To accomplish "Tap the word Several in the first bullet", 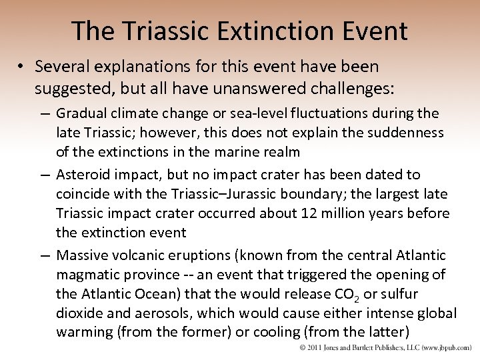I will pyautogui.click(x=62, y=67).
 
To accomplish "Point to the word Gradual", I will pyautogui.click(x=83, y=113).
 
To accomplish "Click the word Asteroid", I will pyautogui.click(x=85, y=175).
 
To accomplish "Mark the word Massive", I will pyautogui.click(x=83, y=255).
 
